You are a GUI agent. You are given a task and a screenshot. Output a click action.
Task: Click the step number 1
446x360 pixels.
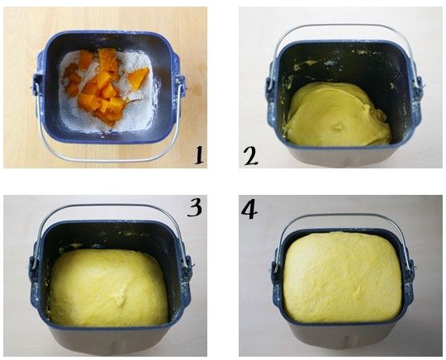pyautogui.click(x=199, y=155)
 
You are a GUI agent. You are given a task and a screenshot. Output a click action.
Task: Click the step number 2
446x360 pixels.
pyautogui.click(x=251, y=156)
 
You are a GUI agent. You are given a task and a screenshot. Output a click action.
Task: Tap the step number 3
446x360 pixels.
pyautogui.click(x=195, y=207)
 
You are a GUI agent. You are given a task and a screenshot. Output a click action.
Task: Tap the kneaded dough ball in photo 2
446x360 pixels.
pyautogui.click(x=338, y=114)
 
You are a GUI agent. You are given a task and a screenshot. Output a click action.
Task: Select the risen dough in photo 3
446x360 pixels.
pyautogui.click(x=108, y=288)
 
